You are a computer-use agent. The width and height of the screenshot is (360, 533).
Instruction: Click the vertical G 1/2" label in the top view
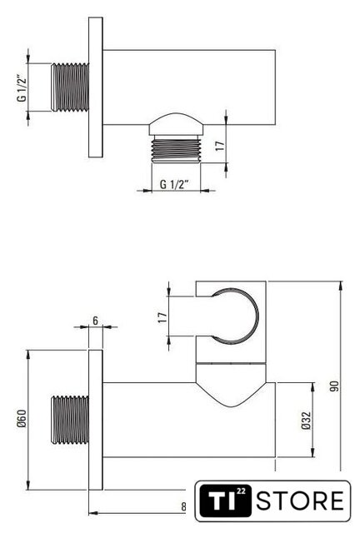point(22,87)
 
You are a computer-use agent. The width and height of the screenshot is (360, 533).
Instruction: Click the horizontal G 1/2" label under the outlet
point(174,184)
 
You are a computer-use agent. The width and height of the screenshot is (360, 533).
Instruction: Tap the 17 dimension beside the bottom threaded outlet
point(221,146)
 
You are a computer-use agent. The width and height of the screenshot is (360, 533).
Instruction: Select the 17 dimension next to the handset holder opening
point(162,317)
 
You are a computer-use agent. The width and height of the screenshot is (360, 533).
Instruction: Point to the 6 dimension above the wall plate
point(95,320)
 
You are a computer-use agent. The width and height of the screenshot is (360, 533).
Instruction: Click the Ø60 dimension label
point(22,418)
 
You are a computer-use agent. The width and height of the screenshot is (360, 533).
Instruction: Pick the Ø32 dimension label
point(306,420)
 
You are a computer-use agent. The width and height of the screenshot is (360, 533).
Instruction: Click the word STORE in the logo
point(300,501)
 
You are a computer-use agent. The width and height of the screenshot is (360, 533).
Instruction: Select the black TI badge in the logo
point(225,501)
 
